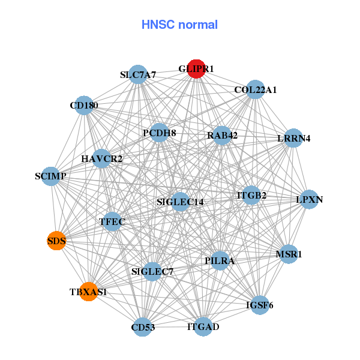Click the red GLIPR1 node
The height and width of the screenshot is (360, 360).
pyautogui.click(x=196, y=69)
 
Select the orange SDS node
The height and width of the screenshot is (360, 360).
pyautogui.click(x=56, y=241)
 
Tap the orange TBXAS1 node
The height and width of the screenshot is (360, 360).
pyautogui.click(x=88, y=292)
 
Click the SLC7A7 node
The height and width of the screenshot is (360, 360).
pyautogui.click(x=138, y=75)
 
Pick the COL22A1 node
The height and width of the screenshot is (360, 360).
pyautogui.click(x=256, y=90)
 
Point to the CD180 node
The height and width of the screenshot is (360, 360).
pyautogui.click(x=84, y=106)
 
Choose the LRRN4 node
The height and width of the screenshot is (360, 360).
pyautogui.click(x=293, y=139)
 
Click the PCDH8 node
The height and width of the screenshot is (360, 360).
pyautogui.click(x=159, y=133)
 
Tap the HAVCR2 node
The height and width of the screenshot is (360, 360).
pyautogui.click(x=102, y=159)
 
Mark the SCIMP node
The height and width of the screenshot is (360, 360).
pyautogui.click(x=50, y=176)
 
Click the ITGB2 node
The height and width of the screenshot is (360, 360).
pyautogui.click(x=251, y=195)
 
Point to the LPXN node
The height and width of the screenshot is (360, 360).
pyautogui.click(x=309, y=199)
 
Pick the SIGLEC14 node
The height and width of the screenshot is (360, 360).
pyautogui.click(x=180, y=202)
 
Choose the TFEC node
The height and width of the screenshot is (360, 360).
pyautogui.click(x=112, y=222)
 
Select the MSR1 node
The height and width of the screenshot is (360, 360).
pyautogui.click(x=289, y=254)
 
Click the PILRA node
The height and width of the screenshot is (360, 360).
pyautogui.click(x=220, y=260)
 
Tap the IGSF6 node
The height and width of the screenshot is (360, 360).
pyautogui.click(x=260, y=305)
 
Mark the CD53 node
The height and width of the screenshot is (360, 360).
pyautogui.click(x=142, y=327)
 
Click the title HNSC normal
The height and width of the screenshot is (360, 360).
pyautogui.click(x=179, y=25)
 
